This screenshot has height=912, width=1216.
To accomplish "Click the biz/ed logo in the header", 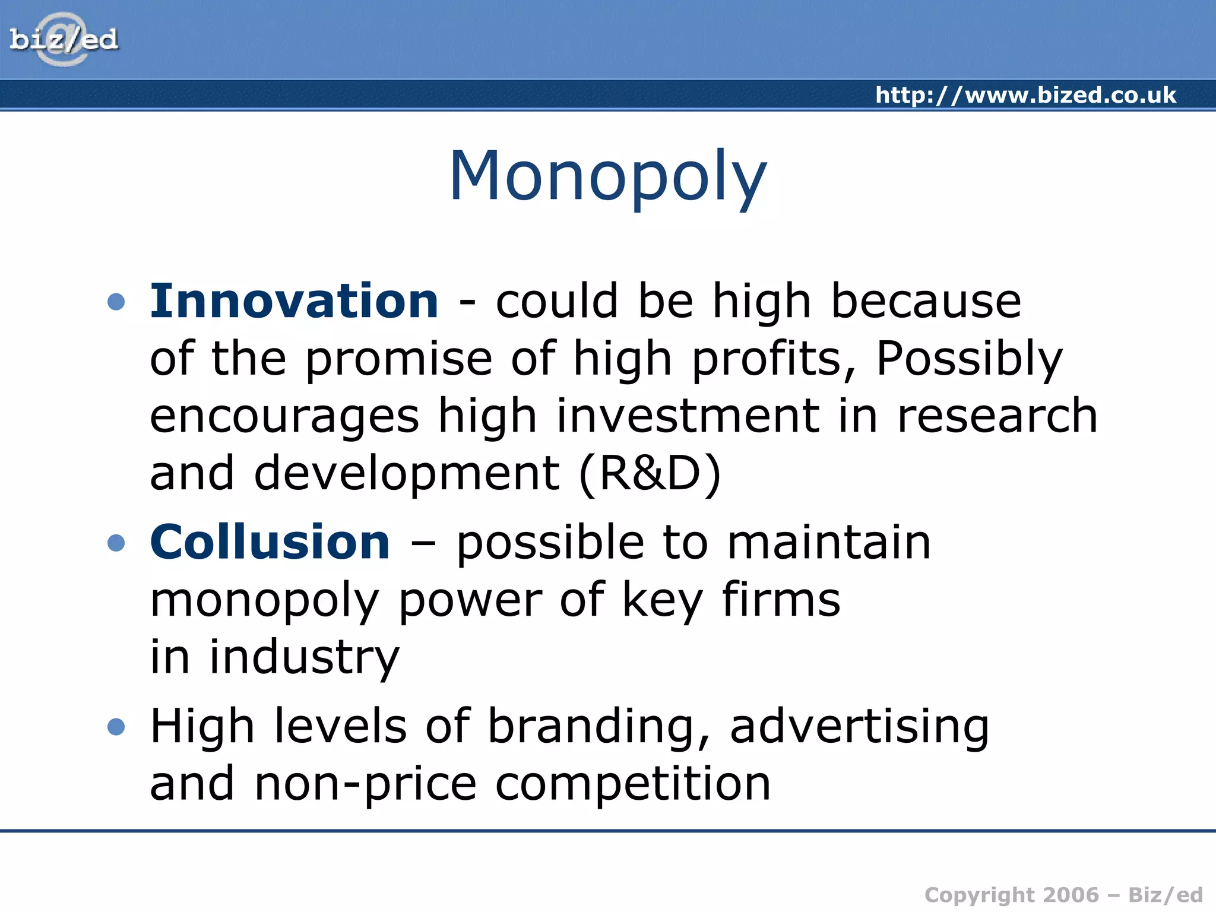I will pyautogui.click(x=64, y=40).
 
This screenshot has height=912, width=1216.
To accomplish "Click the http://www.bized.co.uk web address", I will pyautogui.click(x=1025, y=95).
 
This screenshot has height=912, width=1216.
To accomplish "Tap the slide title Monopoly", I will pyautogui.click(x=608, y=176).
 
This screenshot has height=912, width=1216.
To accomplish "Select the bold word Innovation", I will pyautogui.click(x=294, y=301).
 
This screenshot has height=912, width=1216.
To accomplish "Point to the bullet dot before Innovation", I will pyautogui.click(x=116, y=302).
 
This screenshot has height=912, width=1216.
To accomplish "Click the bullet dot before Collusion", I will pyautogui.click(x=116, y=543).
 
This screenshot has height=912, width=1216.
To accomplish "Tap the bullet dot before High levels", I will pyautogui.click(x=116, y=727).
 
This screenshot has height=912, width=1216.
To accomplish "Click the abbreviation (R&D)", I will pyautogui.click(x=650, y=474).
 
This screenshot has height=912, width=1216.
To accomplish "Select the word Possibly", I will pyautogui.click(x=969, y=359).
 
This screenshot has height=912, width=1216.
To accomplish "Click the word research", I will pyautogui.click(x=997, y=416).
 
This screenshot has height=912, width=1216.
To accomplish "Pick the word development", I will pyautogui.click(x=407, y=474).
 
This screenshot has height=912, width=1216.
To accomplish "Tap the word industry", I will pyautogui.click(x=304, y=658).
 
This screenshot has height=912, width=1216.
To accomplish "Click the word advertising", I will pyautogui.click(x=859, y=727).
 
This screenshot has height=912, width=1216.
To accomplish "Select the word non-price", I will pyautogui.click(x=365, y=784).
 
